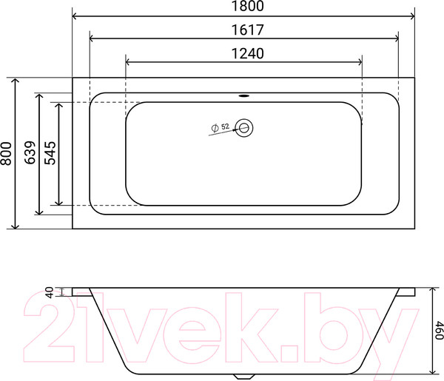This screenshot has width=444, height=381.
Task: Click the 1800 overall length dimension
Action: [243, 7]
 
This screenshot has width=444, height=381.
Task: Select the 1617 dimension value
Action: [243, 30]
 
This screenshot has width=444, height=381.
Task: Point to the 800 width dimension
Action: [7, 153]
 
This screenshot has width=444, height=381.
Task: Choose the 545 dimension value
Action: [51, 152]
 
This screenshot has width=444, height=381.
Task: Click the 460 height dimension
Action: [437, 330]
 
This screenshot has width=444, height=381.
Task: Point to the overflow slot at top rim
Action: [243, 95]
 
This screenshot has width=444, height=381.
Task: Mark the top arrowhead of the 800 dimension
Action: [15, 80]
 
